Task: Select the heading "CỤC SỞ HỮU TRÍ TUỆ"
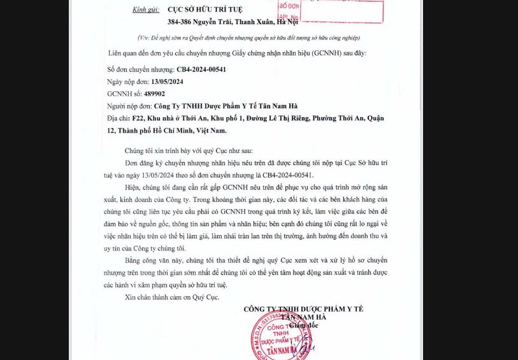click(x=205, y=10)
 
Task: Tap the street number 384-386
click(x=179, y=22)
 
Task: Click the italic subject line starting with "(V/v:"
click(x=249, y=38)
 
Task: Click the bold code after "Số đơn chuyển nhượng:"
click(x=201, y=69)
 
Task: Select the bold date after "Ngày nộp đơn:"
click(x=167, y=82)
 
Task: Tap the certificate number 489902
click(x=154, y=94)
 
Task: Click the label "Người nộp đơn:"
click(x=129, y=106)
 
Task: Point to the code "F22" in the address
click(x=136, y=119)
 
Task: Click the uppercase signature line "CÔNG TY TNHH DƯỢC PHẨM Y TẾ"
click(x=303, y=309)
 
